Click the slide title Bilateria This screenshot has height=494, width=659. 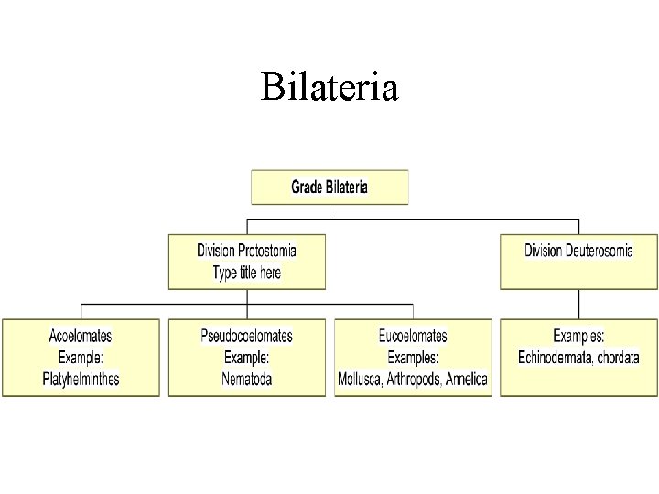pos(329,88)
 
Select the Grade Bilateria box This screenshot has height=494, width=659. pos(329,187)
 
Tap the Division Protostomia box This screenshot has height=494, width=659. pos(247,261)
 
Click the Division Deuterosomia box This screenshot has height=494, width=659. pos(578,261)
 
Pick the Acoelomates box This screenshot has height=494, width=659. pos(81,357)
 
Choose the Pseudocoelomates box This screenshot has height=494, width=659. pos(247,357)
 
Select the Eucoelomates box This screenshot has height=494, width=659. pos(413,357)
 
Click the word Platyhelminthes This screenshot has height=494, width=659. pos(81,379)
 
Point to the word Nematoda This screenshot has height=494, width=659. pos(247,379)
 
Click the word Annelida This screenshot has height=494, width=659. pos(465,379)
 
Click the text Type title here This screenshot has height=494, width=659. pos(247,273)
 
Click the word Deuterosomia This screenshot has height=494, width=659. pos(600,250)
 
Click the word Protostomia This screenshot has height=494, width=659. pos(267,250)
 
